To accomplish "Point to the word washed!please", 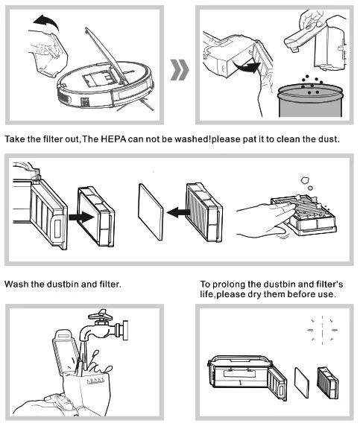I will coord(202,140).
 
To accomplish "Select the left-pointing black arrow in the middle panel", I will coord(175,213).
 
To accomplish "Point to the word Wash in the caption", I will coord(17,284).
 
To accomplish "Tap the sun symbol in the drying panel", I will coord(322,328).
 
